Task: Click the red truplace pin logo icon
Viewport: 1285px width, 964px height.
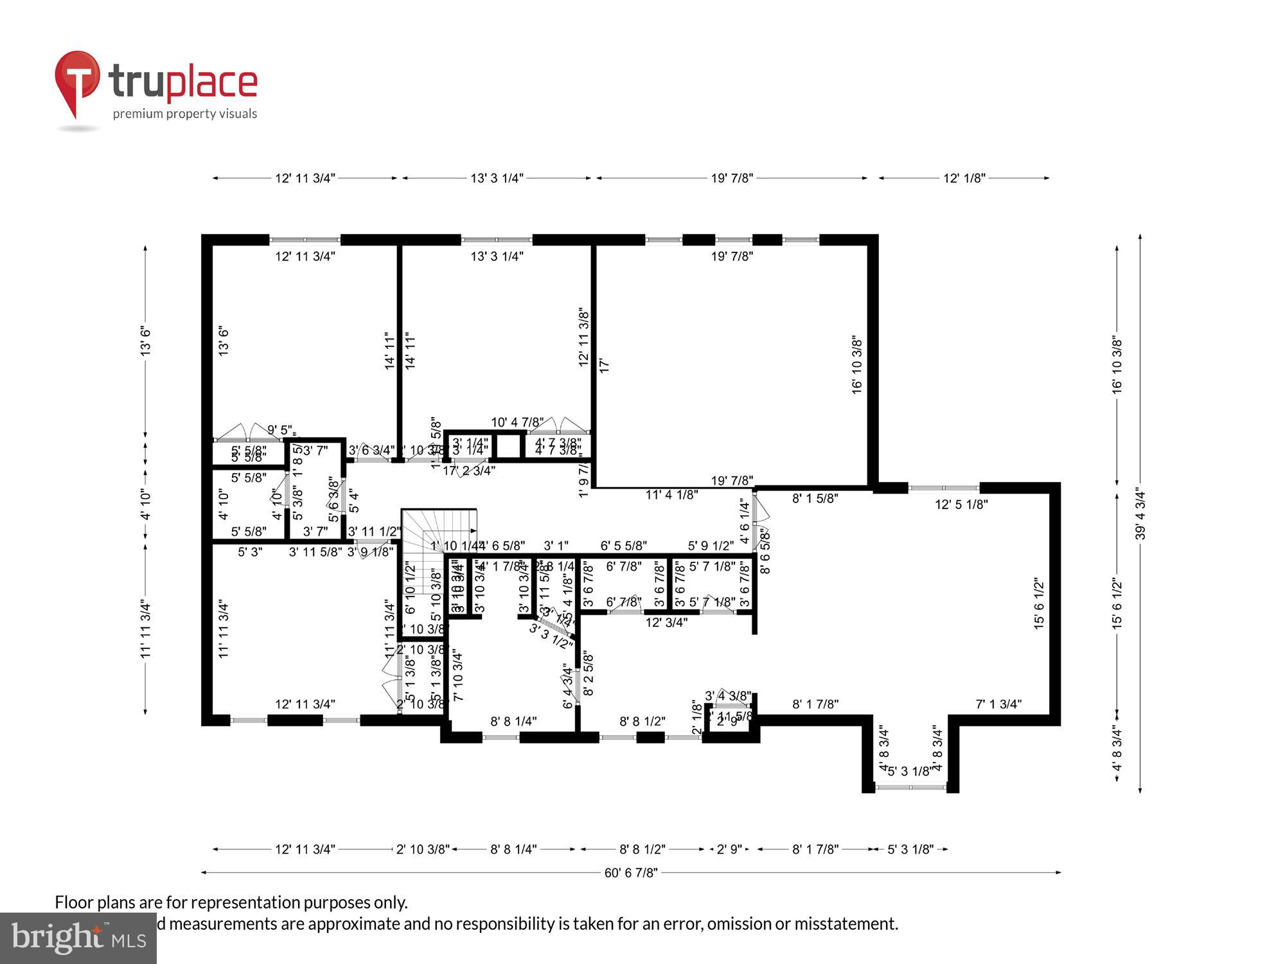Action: pyautogui.click(x=77, y=81)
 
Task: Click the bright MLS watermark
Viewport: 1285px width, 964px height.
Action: pyautogui.click(x=78, y=938)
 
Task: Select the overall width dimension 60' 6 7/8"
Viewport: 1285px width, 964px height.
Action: pyautogui.click(x=631, y=873)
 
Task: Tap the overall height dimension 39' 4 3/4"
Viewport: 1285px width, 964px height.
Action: pyautogui.click(x=1140, y=514)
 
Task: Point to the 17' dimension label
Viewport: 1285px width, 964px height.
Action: pyautogui.click(x=604, y=366)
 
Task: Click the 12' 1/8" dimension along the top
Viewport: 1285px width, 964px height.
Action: pyautogui.click(x=964, y=178)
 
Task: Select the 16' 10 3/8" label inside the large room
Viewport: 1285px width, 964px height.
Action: pyautogui.click(x=857, y=364)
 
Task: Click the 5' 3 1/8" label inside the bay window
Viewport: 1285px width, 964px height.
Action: pyautogui.click(x=909, y=771)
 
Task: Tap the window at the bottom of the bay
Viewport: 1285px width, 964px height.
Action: pyautogui.click(x=910, y=787)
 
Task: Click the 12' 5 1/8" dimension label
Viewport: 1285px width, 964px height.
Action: pyautogui.click(x=961, y=504)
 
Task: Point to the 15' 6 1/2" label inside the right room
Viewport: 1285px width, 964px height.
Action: pyautogui.click(x=1039, y=603)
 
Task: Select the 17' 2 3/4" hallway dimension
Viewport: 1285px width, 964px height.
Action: pyautogui.click(x=469, y=470)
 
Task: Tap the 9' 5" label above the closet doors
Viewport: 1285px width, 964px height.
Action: pyautogui.click(x=279, y=429)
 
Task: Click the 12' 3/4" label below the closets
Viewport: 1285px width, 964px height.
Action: pyautogui.click(x=666, y=622)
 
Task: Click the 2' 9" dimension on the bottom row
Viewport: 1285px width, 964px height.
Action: pyautogui.click(x=729, y=850)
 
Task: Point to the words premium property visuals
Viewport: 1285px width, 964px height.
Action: pyautogui.click(x=185, y=114)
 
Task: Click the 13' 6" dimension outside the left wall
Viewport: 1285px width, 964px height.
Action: pyautogui.click(x=146, y=341)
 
